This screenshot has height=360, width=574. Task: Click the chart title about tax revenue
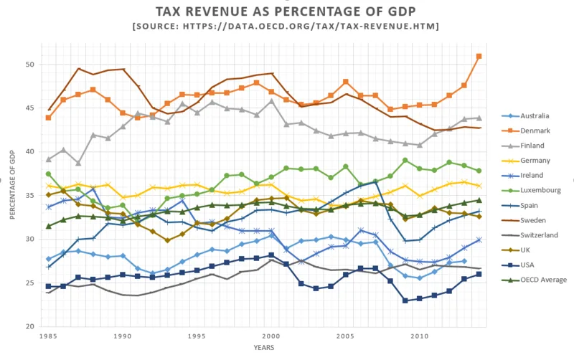pos(287,12)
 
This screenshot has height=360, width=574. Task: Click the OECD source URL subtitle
pos(287,27)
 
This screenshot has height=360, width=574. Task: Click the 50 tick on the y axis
pos(30,65)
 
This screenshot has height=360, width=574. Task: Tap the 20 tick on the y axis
pos(30,327)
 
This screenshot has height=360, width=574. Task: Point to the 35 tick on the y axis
pos(30,196)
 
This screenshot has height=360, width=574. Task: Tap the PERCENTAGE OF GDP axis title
pos(11,194)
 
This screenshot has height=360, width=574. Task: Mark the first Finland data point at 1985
pos(48,159)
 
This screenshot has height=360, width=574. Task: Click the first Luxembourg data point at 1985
pos(48,174)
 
